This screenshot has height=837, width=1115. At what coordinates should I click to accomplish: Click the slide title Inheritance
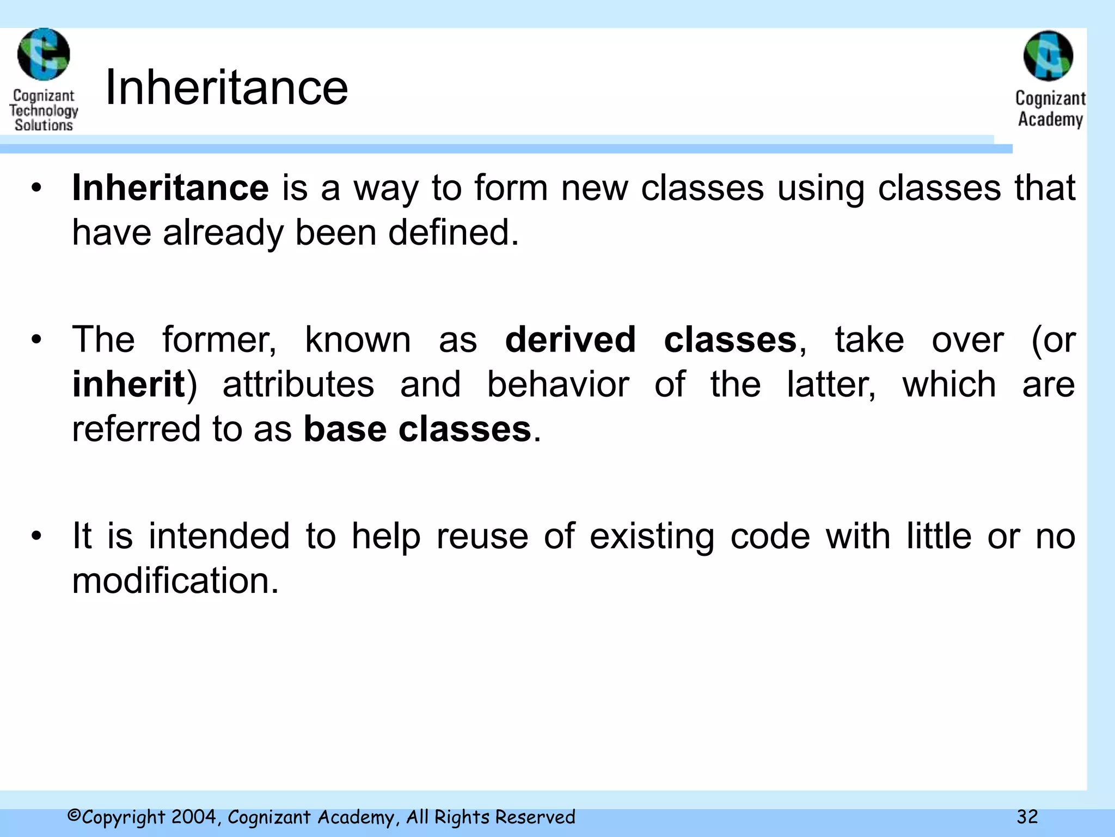tap(226, 88)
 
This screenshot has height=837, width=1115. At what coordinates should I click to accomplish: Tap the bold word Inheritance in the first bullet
tap(170, 188)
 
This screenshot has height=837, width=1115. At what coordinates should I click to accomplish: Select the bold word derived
tap(570, 339)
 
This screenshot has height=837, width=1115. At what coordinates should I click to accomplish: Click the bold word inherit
tap(128, 384)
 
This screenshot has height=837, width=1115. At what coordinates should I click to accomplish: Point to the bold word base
tap(345, 429)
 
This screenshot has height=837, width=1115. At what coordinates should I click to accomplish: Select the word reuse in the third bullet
tap(482, 536)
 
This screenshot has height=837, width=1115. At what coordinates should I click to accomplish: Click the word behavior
tap(558, 384)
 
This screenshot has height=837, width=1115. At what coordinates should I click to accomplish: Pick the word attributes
tap(298, 384)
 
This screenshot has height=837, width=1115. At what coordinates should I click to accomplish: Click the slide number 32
tap(1027, 817)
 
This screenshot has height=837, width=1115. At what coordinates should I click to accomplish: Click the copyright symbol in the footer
tap(74, 816)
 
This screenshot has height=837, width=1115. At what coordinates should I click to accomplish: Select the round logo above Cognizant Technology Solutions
tap(44, 54)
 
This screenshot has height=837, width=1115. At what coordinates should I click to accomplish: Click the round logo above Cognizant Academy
tap(1048, 56)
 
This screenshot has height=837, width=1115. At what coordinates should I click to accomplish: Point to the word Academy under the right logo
tap(1050, 119)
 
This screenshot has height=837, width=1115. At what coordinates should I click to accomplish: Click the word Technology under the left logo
tap(44, 111)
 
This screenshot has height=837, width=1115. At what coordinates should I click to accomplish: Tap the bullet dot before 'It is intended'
tap(36, 536)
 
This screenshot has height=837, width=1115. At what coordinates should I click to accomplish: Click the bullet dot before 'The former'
tap(36, 340)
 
